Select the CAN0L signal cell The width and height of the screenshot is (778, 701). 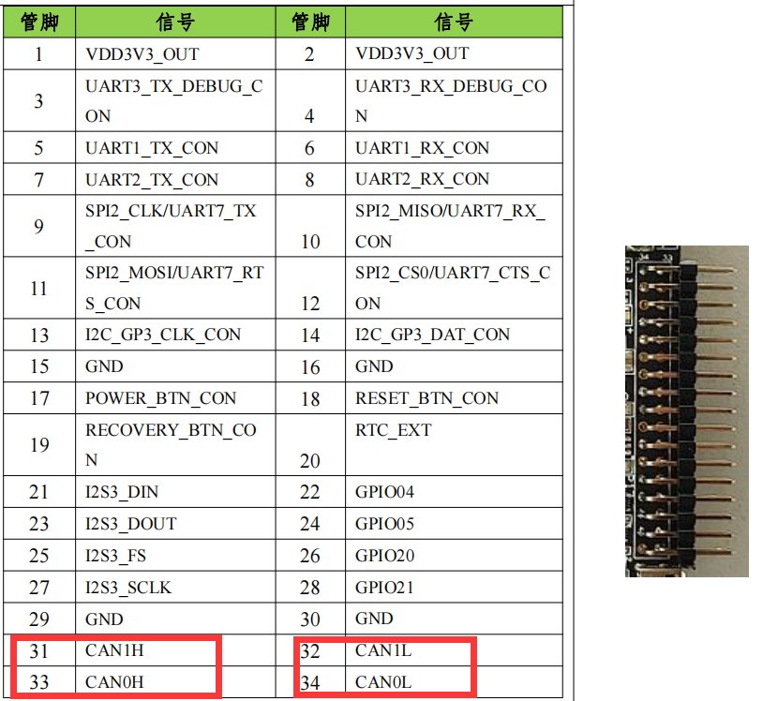pyautogui.click(x=383, y=682)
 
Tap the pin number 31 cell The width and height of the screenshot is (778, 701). pyautogui.click(x=38, y=650)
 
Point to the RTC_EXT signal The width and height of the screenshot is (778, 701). pyautogui.click(x=393, y=430)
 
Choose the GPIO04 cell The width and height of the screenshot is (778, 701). pyautogui.click(x=384, y=492)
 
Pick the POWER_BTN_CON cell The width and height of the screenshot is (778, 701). pyautogui.click(x=160, y=398)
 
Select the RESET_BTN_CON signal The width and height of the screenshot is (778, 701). pyautogui.click(x=426, y=398)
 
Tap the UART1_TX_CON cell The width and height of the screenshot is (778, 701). pyautogui.click(x=151, y=148)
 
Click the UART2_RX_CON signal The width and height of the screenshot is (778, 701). pyautogui.click(x=422, y=179)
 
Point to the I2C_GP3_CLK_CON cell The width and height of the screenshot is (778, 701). pyautogui.click(x=163, y=335)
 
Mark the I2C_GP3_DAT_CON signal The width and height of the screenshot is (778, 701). pyautogui.click(x=432, y=335)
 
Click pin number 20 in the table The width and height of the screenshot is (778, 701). pyautogui.click(x=310, y=460)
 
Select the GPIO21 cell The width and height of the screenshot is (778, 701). pyautogui.click(x=384, y=588)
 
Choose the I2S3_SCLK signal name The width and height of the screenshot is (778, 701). pyautogui.click(x=128, y=588)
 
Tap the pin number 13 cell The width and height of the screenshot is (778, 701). pyautogui.click(x=38, y=335)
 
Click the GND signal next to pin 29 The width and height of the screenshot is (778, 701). pyautogui.click(x=104, y=619)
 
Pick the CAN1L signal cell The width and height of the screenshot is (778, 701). pyautogui.click(x=382, y=650)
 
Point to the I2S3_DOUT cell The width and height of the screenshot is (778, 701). pyautogui.click(x=131, y=524)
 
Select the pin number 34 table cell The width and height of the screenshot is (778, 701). pyautogui.click(x=310, y=682)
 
